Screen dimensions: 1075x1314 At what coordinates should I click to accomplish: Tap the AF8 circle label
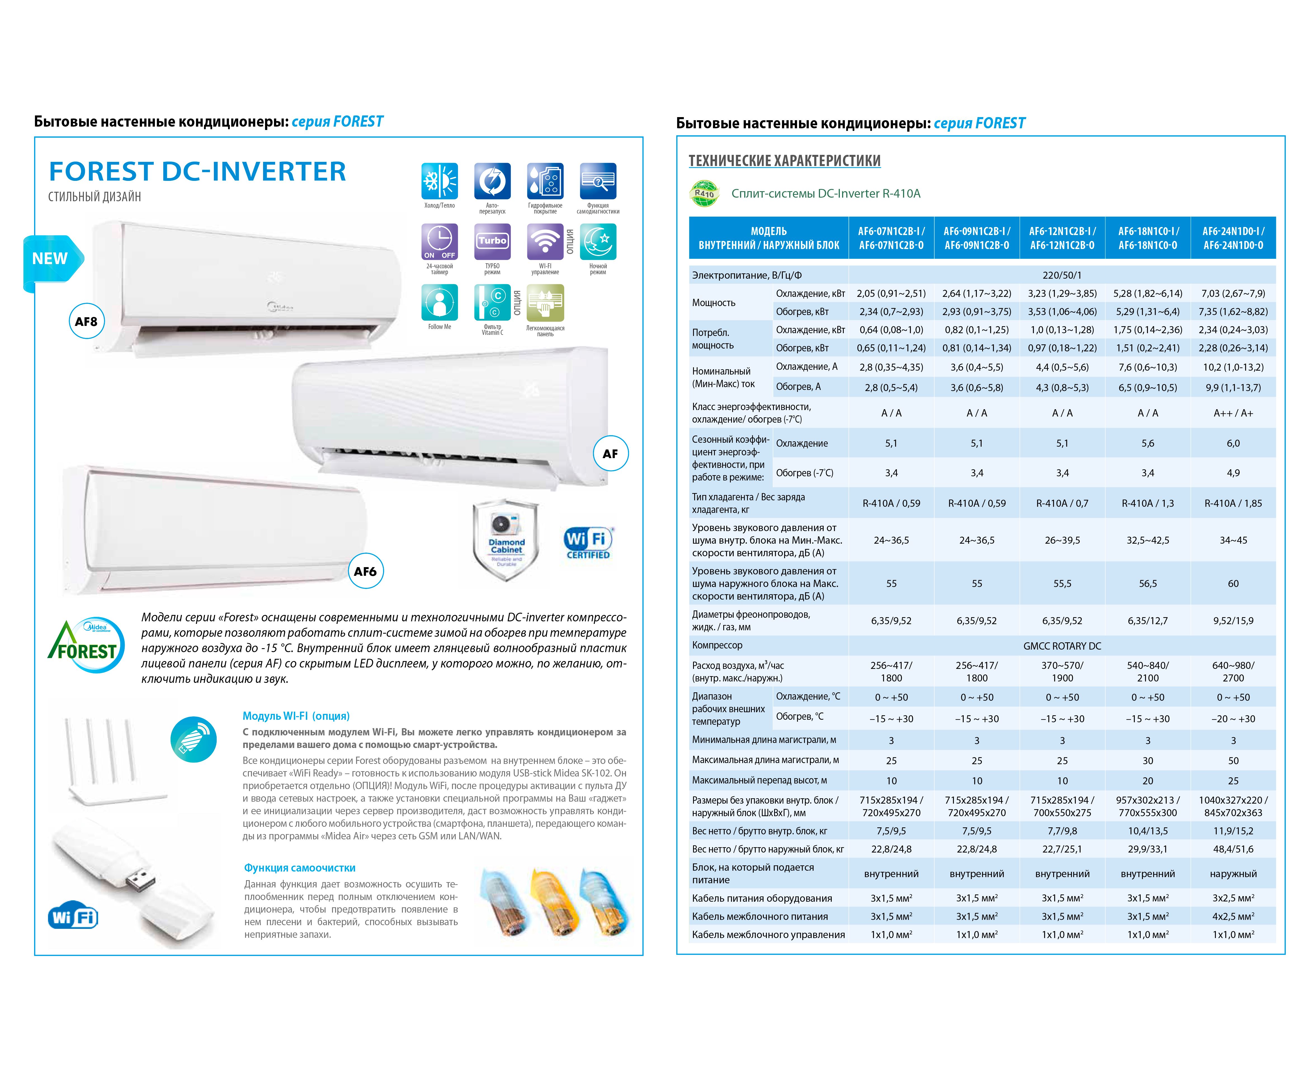tap(86, 321)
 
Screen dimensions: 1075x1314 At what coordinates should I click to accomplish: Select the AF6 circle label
tap(365, 571)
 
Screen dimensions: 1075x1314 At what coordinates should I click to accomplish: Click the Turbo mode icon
tap(492, 241)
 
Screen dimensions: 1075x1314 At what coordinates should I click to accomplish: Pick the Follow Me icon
tap(440, 302)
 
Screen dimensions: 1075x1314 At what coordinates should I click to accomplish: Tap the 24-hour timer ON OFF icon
tap(440, 241)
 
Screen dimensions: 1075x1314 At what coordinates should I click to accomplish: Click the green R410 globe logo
tap(705, 193)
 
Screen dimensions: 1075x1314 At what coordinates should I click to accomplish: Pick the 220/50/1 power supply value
tap(1062, 275)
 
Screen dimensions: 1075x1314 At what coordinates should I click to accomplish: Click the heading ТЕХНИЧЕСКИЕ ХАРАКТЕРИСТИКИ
tap(784, 161)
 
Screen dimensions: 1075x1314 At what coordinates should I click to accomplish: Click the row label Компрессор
tap(717, 645)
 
